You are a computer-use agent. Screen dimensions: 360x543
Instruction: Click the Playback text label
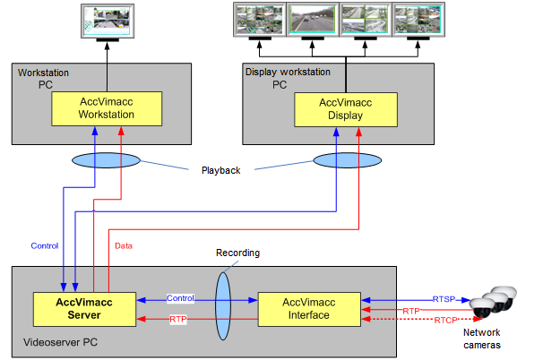(220, 169)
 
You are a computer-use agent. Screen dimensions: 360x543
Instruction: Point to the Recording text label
(237, 253)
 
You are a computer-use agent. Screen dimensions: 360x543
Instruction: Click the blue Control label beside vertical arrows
(44, 244)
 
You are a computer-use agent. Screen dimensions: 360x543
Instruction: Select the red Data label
(124, 244)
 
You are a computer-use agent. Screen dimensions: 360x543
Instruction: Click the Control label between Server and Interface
(180, 297)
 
